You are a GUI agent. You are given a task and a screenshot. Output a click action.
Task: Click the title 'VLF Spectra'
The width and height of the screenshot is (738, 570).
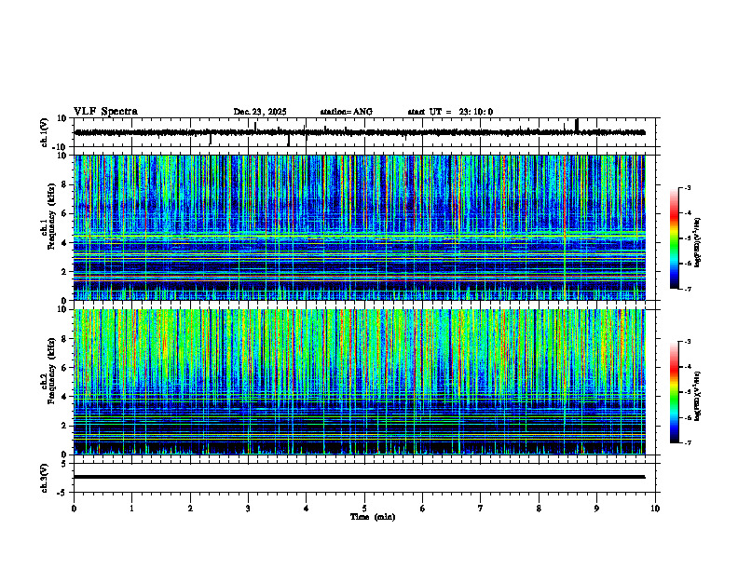point(105,112)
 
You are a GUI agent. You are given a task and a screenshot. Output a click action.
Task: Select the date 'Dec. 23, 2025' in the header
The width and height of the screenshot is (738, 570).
point(260,112)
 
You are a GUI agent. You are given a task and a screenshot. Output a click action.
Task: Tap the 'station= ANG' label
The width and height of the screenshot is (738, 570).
point(346,112)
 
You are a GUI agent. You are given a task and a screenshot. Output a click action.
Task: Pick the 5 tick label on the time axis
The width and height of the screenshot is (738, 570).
point(364,509)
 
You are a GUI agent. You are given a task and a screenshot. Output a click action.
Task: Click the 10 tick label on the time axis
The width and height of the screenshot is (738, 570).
point(655,509)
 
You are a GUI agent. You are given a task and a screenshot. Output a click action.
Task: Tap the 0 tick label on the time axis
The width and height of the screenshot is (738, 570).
point(74,509)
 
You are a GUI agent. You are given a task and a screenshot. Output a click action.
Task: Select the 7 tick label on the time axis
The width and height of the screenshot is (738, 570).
point(481,509)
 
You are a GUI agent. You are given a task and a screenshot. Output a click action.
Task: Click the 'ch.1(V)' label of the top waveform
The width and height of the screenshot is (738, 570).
point(44,132)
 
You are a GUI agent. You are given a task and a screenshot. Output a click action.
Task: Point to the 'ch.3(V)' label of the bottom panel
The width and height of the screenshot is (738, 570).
point(44,476)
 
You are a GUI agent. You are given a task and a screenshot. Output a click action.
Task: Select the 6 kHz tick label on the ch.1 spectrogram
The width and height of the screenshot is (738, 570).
point(63,213)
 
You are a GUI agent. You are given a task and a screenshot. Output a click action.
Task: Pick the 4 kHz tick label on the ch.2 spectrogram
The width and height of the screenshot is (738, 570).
point(63,396)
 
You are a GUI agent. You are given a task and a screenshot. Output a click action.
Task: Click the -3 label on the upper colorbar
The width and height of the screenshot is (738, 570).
point(688,188)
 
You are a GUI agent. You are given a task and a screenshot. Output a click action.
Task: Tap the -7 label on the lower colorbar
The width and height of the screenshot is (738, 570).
point(688,443)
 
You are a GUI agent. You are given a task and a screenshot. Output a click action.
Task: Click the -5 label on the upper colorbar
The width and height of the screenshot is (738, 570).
point(688,238)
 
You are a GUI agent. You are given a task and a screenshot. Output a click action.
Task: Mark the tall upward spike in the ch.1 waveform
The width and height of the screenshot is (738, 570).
point(577,124)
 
